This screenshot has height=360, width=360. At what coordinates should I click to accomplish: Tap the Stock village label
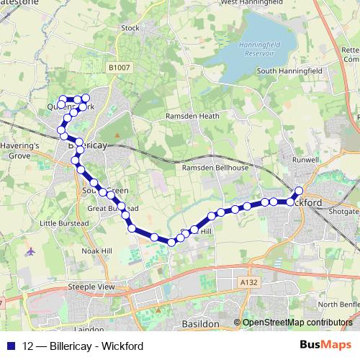tap(130, 28)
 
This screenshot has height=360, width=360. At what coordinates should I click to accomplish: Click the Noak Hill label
tap(97, 250)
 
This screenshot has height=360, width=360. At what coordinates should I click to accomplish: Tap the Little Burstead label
tap(63, 223)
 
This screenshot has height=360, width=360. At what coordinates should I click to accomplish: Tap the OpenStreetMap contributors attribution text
tap(297, 323)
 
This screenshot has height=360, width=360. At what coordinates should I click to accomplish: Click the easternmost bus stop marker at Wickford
tap(299, 191)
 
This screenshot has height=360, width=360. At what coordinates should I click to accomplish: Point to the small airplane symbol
tap(30, 252)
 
